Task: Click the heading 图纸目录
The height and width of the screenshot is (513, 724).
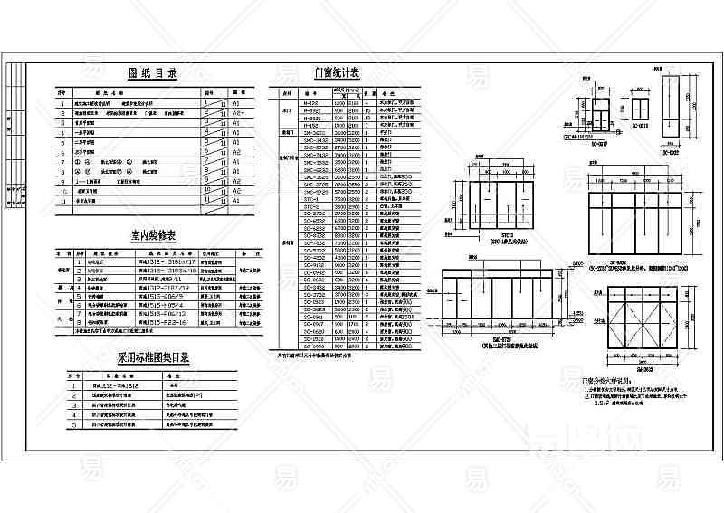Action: click(152, 73)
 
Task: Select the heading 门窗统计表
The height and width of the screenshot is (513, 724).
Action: click(337, 73)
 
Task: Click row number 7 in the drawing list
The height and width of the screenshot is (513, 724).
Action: click(62, 163)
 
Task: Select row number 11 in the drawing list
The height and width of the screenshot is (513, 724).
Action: click(62, 202)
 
